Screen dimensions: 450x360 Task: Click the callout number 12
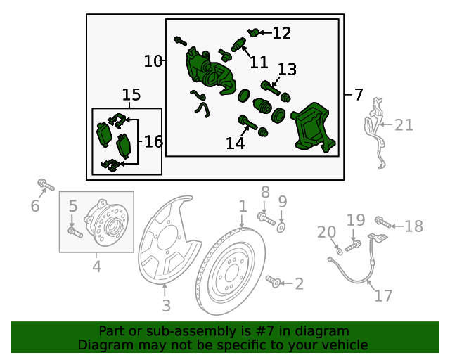(x=281, y=33)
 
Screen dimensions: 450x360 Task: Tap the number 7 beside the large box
(x=359, y=94)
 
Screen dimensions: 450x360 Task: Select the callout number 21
(x=404, y=125)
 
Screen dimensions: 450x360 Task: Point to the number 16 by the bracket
(x=153, y=141)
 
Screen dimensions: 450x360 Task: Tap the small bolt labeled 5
(x=75, y=232)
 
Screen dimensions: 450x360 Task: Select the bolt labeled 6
(x=46, y=184)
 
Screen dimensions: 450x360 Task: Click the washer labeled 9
(x=281, y=228)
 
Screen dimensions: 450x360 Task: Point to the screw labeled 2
(x=273, y=281)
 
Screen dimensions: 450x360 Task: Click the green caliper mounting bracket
(x=314, y=127)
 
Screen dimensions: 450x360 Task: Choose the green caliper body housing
(x=210, y=71)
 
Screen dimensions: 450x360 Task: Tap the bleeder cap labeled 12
(x=253, y=32)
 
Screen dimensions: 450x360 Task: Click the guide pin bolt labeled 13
(x=270, y=89)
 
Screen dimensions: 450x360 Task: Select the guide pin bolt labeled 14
(x=247, y=123)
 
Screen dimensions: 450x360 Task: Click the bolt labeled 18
(x=383, y=222)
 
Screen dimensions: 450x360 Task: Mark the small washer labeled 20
(x=339, y=252)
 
